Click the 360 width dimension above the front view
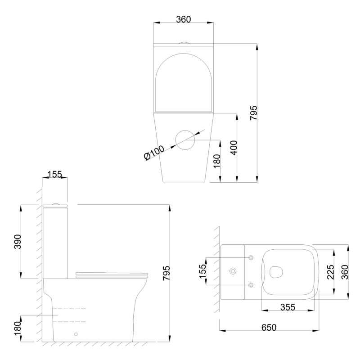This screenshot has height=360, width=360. pyautogui.click(x=184, y=19)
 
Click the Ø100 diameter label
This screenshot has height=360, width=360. pyautogui.click(x=154, y=153)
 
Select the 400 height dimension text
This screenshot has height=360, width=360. pyautogui.click(x=234, y=148)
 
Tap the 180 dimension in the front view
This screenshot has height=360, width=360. pyautogui.click(x=217, y=161)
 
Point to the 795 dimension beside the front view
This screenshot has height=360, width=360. pyautogui.click(x=254, y=113)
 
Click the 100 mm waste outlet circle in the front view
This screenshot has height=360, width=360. pyautogui.click(x=185, y=130)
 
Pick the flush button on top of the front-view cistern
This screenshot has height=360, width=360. pyautogui.click(x=184, y=42)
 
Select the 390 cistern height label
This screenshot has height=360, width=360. pyautogui.click(x=18, y=242)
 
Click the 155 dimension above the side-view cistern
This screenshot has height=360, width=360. pyautogui.click(x=55, y=175)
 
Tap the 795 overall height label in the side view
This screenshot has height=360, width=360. pyautogui.click(x=166, y=273)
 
